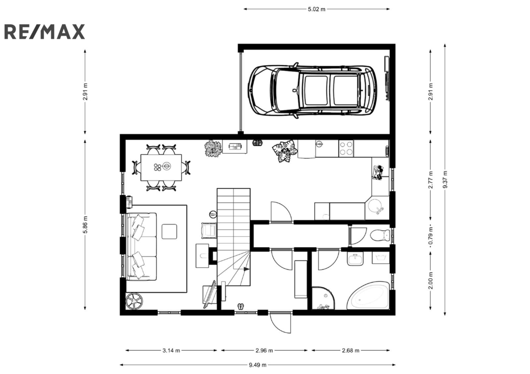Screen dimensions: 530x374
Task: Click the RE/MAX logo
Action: coord(45,32)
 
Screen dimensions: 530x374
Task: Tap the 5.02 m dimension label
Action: coord(316,9)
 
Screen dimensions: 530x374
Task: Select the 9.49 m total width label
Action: coord(258,365)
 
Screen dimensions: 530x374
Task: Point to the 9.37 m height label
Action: coord(445,179)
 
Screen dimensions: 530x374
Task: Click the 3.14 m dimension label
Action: coord(171,350)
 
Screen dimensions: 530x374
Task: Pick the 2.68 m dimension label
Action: coord(350,350)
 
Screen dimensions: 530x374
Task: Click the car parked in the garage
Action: coord(312,90)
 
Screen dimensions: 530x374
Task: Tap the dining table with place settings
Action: coord(161,168)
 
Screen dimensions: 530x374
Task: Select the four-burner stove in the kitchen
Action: coord(346,148)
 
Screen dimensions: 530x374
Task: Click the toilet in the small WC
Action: coord(380,235)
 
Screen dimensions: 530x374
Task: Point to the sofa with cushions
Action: coord(142,246)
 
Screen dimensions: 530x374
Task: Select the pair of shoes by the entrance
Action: coord(241,306)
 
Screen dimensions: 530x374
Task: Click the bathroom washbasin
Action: coord(355,260)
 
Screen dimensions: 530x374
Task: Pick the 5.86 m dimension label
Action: coord(85,225)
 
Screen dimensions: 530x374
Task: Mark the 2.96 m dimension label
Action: coord(264,350)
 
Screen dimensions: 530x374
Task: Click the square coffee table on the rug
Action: coord(169,231)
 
